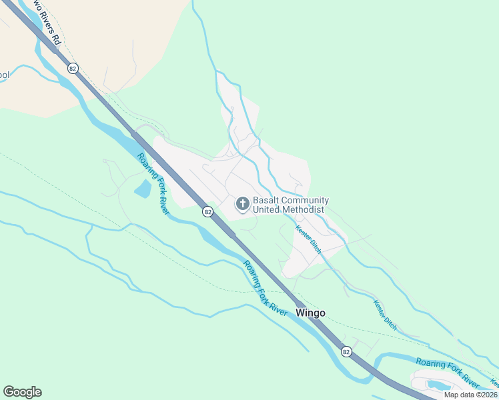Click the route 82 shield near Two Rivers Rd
(73, 68)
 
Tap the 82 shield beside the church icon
(208, 211)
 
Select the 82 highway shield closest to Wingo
(346, 351)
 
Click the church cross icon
(243, 203)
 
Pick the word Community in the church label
(306, 200)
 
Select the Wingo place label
(310, 312)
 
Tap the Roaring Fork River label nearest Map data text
(448, 372)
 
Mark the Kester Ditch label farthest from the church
(385, 315)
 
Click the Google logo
(22, 392)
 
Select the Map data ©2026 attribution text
(470, 395)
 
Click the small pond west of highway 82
(143, 189)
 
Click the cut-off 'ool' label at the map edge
(4, 75)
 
